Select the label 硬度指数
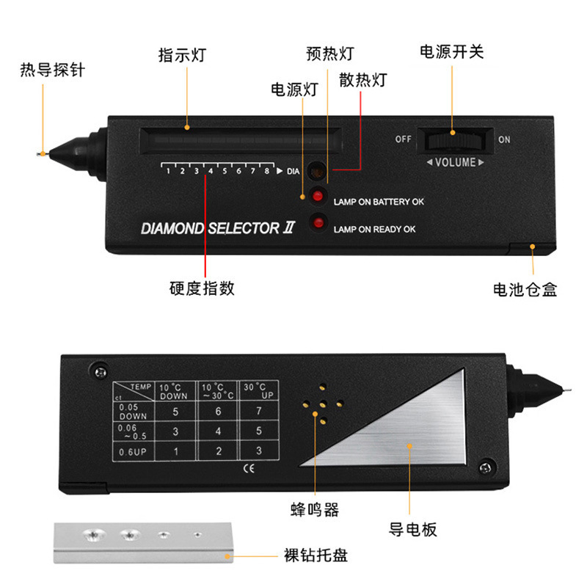[x=202, y=288]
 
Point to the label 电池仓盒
[x=525, y=289]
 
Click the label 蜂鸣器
[x=313, y=509]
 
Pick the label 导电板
[x=413, y=530]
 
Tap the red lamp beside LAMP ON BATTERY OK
[x=318, y=196]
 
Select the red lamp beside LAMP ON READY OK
[x=318, y=222]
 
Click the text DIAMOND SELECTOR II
[x=217, y=228]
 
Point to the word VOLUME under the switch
[x=455, y=162]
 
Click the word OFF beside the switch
[x=404, y=139]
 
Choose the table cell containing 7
[x=258, y=412]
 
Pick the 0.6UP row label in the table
[x=133, y=451]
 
